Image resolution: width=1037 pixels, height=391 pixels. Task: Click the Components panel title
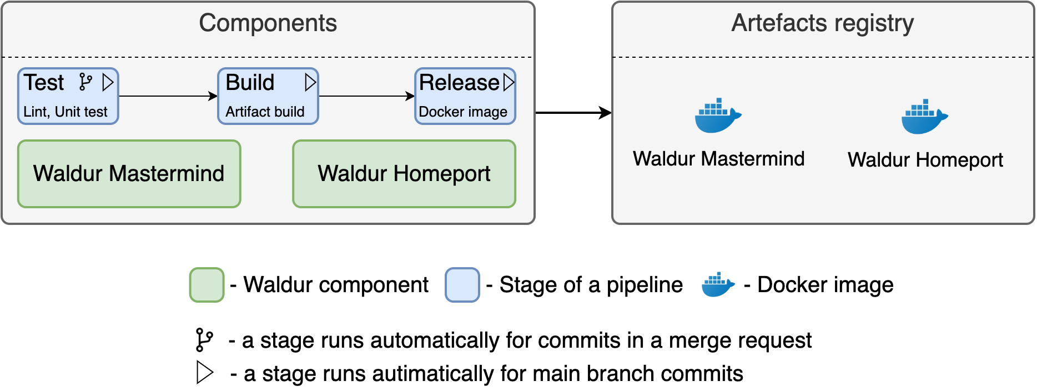(268, 23)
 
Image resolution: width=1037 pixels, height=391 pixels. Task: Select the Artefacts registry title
(822, 23)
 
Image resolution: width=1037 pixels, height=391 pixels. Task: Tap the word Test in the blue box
(44, 83)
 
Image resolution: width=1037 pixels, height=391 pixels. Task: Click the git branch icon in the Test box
(85, 82)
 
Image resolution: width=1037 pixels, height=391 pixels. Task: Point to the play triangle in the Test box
(108, 83)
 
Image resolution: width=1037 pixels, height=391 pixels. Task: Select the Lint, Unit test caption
(65, 112)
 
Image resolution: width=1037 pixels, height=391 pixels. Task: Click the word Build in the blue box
(250, 83)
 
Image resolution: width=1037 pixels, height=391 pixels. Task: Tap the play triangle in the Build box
(310, 83)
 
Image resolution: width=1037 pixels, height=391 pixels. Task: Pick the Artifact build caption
(265, 112)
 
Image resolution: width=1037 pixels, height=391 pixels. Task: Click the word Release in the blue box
(459, 83)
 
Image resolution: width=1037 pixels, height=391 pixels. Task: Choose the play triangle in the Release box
(509, 82)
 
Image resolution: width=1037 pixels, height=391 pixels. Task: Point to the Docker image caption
(463, 112)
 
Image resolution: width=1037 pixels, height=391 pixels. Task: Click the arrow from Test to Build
(168, 96)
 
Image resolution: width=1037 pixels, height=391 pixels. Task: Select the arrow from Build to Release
(366, 96)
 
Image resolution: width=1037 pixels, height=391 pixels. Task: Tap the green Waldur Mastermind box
(129, 174)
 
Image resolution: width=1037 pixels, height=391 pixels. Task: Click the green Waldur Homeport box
(404, 174)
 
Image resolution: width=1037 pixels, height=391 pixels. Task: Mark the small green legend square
(207, 285)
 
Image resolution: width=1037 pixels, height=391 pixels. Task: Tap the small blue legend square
(462, 285)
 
